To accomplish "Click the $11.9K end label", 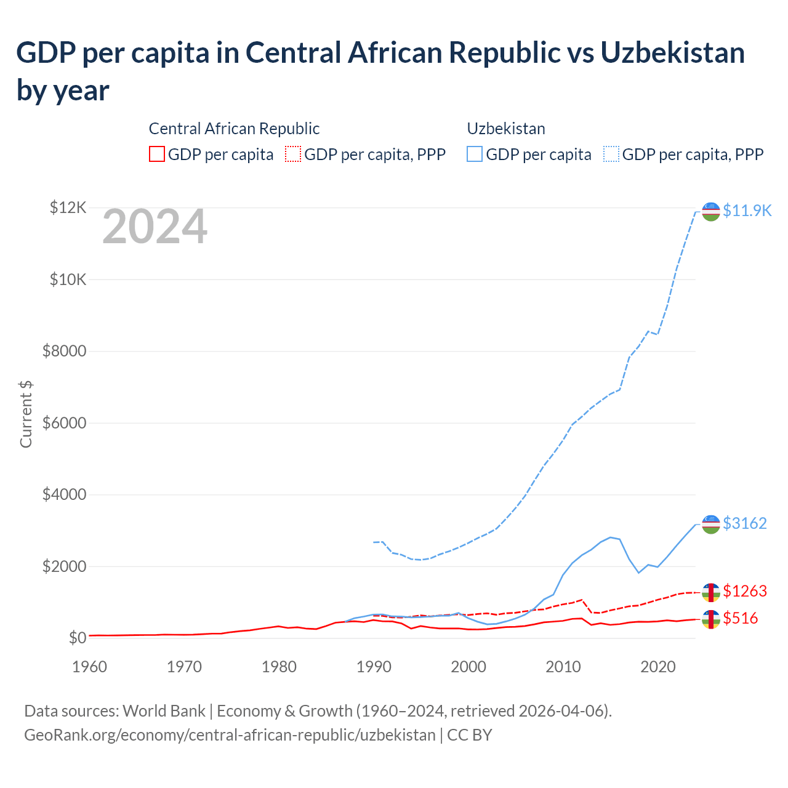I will pyautogui.click(x=747, y=211).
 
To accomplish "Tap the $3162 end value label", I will pyautogui.click(x=745, y=523).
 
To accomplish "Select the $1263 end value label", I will pyautogui.click(x=745, y=591).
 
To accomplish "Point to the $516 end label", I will pyautogui.click(x=741, y=618).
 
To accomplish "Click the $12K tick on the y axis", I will pyautogui.click(x=68, y=207).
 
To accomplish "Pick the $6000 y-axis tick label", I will pyautogui.click(x=64, y=423).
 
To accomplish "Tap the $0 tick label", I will pyautogui.click(x=77, y=637).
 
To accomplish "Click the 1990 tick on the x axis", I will pyautogui.click(x=374, y=667).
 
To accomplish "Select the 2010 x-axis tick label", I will pyautogui.click(x=563, y=667).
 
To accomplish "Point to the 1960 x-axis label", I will pyautogui.click(x=89, y=667).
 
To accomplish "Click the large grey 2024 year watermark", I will pyautogui.click(x=155, y=227).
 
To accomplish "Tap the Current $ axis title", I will pyautogui.click(x=26, y=414).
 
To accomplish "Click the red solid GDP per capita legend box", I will pyautogui.click(x=157, y=154).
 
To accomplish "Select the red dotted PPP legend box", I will pyautogui.click(x=293, y=154).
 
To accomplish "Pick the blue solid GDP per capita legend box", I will pyautogui.click(x=475, y=154).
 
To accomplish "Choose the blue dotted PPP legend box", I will pyautogui.click(x=611, y=154).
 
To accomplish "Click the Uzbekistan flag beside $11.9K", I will pyautogui.click(x=711, y=211).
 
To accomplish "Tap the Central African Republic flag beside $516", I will pyautogui.click(x=711, y=619).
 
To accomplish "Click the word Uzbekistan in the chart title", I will pyautogui.click(x=672, y=52).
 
